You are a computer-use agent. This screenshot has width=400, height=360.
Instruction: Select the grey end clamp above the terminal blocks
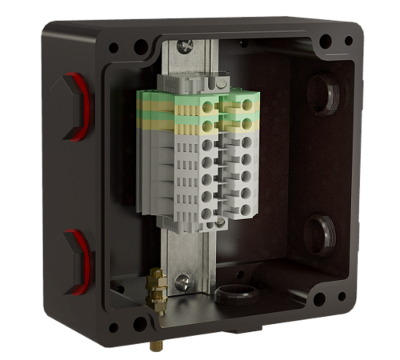click(197, 84)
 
